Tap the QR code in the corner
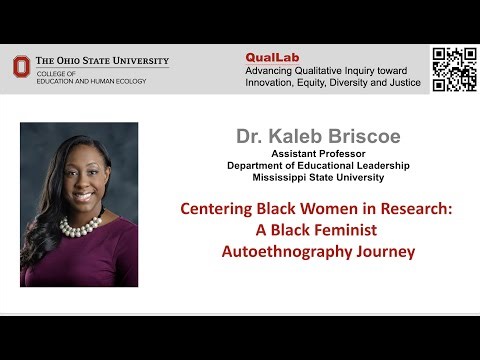453,70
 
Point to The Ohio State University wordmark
100,61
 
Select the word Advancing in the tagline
272,70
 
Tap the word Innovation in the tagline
273,83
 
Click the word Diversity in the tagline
345,83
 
